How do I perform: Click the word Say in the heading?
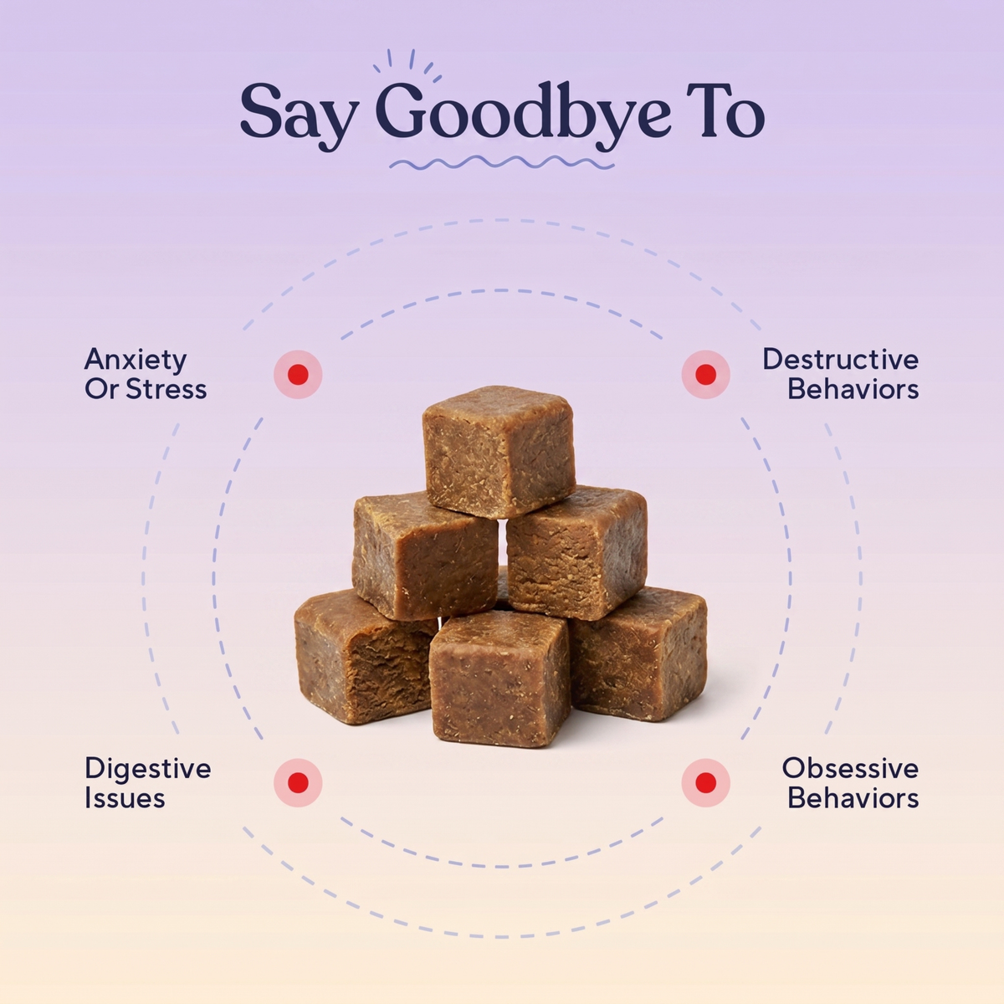pos(299,115)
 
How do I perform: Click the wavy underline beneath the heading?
pos(502,163)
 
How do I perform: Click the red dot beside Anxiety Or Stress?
pos(298,374)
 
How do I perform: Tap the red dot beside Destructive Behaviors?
pos(706,374)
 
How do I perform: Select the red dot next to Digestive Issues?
pos(298,782)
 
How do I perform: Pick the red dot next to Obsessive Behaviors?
pos(706,782)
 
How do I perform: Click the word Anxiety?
pos(136,361)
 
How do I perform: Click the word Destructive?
pos(840,360)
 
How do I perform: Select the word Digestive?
pos(148,770)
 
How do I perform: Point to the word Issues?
pos(125,798)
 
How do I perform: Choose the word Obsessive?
pos(850,769)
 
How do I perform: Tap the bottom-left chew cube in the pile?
pos(365,658)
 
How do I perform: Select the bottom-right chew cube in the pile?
pos(638,653)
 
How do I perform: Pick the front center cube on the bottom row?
pos(499,679)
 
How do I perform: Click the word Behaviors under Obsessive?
pos(853,798)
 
